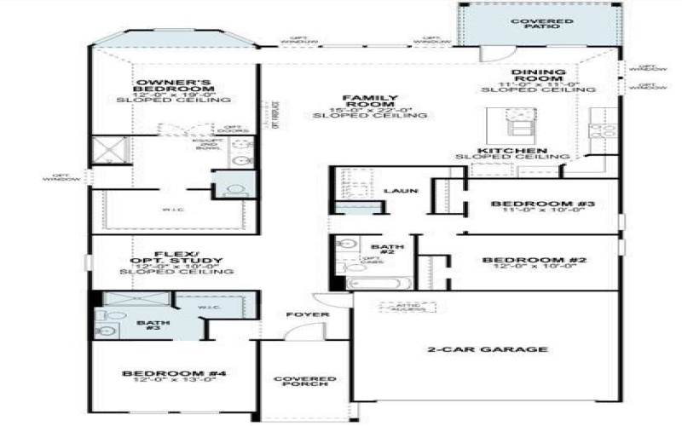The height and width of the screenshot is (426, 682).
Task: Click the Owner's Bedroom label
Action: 173,85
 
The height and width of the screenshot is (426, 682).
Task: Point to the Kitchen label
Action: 511,151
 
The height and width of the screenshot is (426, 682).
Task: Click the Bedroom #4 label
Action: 173,374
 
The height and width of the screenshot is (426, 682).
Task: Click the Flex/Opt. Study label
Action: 176,258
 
